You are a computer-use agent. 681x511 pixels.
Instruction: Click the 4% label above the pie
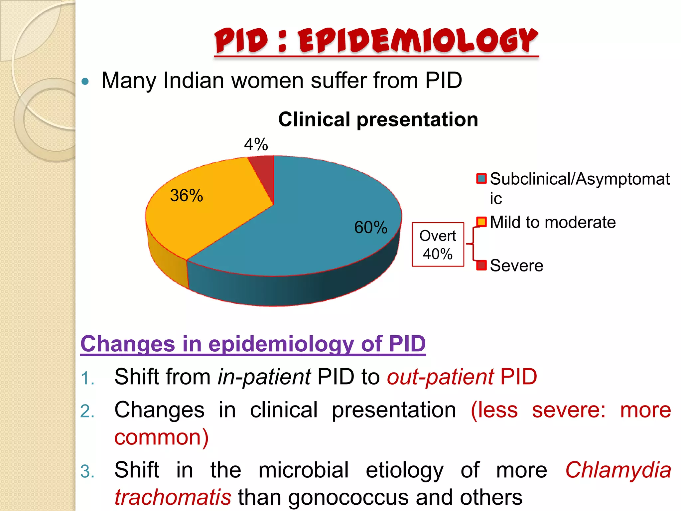(x=256, y=144)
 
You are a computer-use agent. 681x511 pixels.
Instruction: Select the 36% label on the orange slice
(x=186, y=195)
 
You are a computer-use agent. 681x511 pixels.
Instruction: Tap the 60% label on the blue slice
(x=370, y=228)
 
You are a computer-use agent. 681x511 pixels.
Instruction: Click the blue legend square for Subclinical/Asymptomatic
(x=481, y=179)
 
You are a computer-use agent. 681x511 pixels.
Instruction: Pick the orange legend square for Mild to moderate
(x=481, y=222)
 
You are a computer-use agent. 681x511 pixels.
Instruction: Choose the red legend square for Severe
(x=481, y=265)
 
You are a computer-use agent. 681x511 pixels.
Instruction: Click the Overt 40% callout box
(x=438, y=245)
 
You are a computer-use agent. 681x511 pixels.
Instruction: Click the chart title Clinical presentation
(x=378, y=119)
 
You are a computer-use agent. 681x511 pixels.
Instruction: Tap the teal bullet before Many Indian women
(x=85, y=81)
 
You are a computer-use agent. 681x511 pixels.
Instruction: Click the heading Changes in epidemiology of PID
(x=253, y=344)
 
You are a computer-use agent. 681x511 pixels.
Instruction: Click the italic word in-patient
(x=264, y=377)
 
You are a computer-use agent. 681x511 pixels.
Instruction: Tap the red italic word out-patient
(x=440, y=377)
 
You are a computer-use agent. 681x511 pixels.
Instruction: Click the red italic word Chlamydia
(x=618, y=470)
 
